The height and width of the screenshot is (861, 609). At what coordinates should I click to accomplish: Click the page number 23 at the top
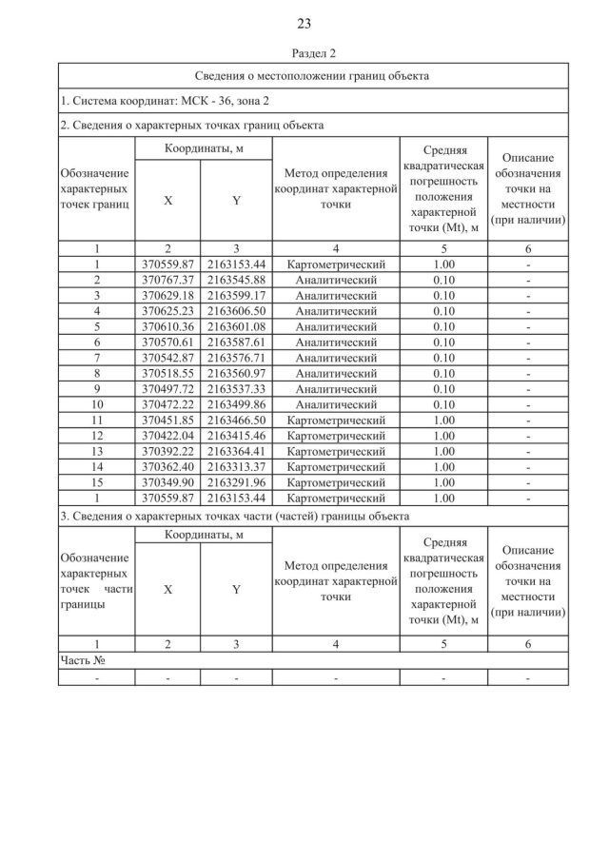304,23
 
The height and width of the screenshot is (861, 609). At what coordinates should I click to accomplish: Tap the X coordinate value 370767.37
167,280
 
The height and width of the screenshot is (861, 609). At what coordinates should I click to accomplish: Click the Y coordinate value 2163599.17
236,295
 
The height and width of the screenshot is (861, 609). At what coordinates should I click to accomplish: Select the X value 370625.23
167,310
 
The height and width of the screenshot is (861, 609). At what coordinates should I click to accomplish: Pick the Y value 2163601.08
236,326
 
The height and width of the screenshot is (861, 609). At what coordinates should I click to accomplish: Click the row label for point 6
96,342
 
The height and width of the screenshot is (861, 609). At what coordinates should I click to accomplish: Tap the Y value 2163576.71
236,357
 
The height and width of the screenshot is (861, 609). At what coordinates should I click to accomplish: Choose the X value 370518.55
167,372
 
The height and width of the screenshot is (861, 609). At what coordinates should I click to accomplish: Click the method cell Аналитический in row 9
336,388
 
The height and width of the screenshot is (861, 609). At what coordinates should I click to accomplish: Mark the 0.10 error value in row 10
443,403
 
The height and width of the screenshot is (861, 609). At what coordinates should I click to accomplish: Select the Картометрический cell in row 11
336,419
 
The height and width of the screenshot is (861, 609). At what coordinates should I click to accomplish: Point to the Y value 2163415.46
236,435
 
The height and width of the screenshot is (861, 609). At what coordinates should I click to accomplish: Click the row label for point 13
96,450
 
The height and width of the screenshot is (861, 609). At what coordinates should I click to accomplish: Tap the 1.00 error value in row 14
443,465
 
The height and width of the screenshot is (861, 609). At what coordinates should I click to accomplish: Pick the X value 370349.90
167,481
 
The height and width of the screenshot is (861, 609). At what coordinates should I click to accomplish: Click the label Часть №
82,659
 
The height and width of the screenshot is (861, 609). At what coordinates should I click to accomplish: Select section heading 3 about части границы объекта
234,516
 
